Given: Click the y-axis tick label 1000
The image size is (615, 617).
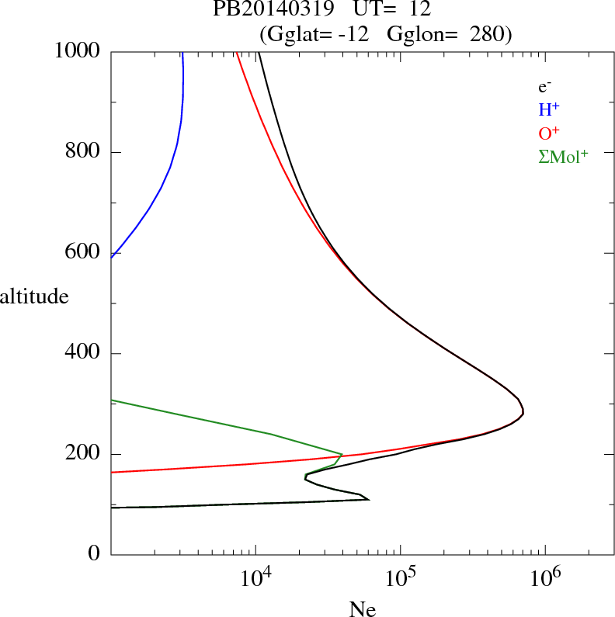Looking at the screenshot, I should (78, 51).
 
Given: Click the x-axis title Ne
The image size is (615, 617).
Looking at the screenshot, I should (363, 609).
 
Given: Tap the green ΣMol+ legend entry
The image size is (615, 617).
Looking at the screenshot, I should (563, 156).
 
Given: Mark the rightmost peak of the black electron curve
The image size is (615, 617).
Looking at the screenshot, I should (523, 411).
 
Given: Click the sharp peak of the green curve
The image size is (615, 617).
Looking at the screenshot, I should (342, 454).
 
